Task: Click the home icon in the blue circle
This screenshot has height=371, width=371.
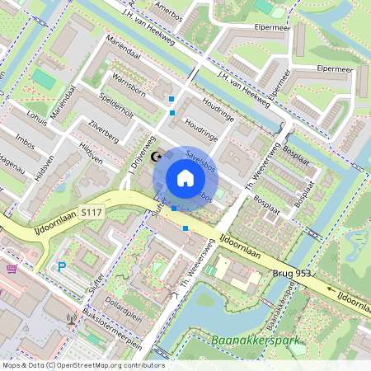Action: pyautogui.click(x=185, y=178)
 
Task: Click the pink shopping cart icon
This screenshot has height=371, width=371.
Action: pyautogui.click(x=11, y=269)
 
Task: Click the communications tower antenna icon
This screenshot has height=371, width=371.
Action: pyautogui.click(x=72, y=317)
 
